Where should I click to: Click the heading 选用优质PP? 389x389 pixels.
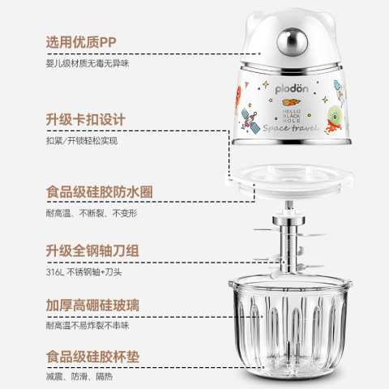tap(81, 42)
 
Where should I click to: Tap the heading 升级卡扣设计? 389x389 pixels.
tap(85, 119)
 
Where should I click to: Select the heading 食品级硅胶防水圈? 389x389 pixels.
tap(100, 192)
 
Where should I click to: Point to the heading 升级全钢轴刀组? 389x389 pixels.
tap(92, 250)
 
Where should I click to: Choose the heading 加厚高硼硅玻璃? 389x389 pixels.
tap(92, 306)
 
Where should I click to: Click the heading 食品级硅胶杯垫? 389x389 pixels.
tap(92, 357)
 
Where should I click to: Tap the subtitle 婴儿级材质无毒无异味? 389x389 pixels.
tap(88, 63)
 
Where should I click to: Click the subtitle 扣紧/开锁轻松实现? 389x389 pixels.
tap(82, 141)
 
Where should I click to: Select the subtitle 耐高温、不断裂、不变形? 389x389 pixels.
tap(92, 213)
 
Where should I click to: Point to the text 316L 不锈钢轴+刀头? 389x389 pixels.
tap(83, 272)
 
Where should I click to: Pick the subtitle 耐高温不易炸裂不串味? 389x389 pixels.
tap(88, 326)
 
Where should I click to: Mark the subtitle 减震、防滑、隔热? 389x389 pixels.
tap(79, 377)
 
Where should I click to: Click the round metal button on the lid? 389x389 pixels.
tap(292, 42)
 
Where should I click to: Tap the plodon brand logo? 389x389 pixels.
tap(292, 89)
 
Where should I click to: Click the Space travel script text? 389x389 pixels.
tap(290, 127)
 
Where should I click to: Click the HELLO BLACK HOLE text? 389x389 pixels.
tap(292, 116)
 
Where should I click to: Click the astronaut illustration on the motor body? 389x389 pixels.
tap(340, 92)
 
